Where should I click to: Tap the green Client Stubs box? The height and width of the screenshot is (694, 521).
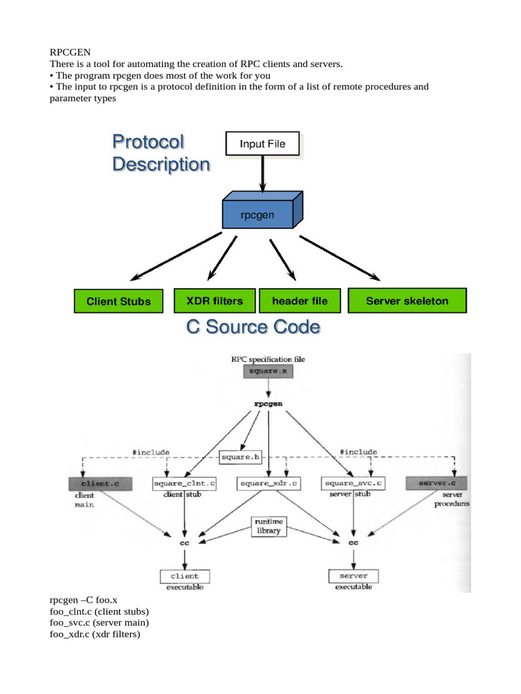pos(119,302)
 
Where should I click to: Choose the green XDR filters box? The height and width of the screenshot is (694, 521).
pos(214,300)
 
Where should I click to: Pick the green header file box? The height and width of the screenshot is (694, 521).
pos(299,300)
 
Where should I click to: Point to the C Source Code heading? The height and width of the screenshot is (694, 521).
pos(253,327)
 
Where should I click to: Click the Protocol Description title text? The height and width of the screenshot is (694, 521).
pos(161,153)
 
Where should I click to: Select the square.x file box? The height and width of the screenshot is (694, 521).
pos(269,371)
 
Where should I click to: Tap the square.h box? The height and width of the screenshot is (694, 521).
pos(241,457)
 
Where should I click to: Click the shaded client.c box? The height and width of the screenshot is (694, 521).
pos(100,483)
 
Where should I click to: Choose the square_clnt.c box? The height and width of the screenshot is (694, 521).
pos(185,483)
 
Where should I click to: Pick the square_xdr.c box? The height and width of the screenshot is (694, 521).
pos(269,483)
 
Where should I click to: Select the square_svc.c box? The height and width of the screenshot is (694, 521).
pos(353,483)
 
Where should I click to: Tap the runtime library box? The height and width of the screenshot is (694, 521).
pos(269,527)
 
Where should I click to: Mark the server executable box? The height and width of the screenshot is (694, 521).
pos(353,576)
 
